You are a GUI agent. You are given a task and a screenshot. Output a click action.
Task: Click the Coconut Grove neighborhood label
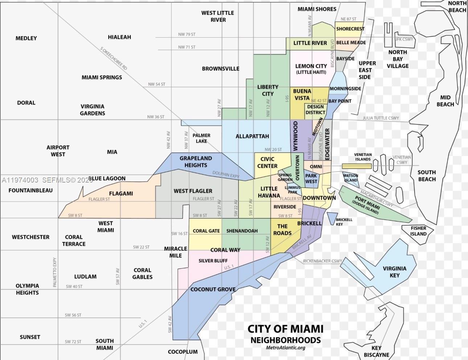[213, 289]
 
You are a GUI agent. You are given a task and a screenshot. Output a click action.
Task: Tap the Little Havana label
[269, 192]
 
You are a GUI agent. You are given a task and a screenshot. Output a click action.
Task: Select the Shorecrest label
[350, 29]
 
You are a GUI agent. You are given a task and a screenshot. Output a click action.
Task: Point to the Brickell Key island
[332, 218]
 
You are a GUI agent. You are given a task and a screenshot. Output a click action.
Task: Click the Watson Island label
[350, 178]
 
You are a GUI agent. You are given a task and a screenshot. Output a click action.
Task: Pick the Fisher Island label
[418, 231]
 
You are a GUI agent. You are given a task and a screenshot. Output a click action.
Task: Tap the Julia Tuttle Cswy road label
[381, 118]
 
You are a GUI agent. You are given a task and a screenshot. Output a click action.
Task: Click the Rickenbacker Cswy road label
[323, 261]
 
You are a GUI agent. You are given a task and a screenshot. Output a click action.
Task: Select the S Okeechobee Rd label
[114, 58]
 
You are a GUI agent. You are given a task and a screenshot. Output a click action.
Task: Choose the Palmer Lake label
[201, 138]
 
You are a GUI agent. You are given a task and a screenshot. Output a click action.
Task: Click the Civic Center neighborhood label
[267, 162]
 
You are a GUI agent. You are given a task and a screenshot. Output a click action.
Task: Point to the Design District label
[315, 110]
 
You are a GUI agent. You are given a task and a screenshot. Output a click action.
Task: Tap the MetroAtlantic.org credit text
[286, 348]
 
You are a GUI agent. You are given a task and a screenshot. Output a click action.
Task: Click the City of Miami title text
[285, 329]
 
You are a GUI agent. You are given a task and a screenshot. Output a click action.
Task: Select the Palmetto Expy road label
[55, 273]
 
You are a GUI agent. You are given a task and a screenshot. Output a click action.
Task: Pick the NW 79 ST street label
[186, 34]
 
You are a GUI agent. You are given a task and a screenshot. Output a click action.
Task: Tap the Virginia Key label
[394, 272]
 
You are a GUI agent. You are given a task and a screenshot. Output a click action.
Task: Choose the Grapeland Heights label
[196, 161]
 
